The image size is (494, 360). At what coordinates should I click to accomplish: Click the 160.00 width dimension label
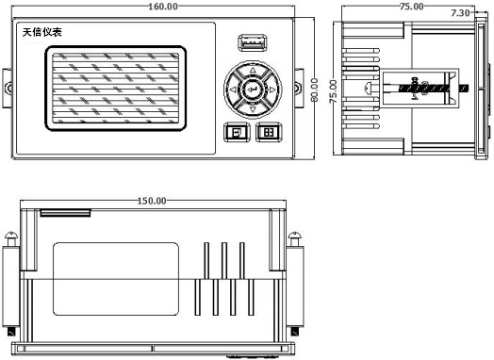(163, 7)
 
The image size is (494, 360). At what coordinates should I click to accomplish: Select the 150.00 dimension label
(152, 201)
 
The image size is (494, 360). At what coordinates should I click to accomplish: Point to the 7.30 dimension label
(460, 13)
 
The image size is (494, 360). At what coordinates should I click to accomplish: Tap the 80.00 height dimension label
(314, 90)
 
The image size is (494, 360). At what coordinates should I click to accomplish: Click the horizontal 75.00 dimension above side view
(411, 7)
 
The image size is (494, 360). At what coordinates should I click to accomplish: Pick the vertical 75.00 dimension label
(333, 91)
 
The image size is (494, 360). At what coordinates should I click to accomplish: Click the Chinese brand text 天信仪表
(42, 32)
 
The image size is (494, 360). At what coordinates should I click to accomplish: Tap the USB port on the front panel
(253, 42)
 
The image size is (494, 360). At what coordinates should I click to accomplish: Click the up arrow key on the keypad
(253, 71)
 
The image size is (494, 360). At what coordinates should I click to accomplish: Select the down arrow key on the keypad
(253, 109)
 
